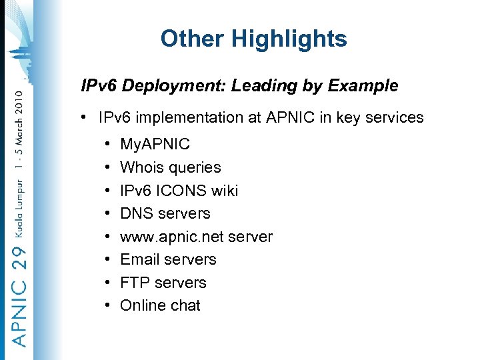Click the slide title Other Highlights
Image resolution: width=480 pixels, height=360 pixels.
coord(253,39)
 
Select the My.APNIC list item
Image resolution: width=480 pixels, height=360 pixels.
coord(155,144)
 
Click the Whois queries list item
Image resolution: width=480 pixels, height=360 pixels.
coord(170,167)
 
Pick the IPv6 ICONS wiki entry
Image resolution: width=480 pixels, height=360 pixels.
coord(179,191)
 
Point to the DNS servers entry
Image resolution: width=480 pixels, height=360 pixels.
coord(165,213)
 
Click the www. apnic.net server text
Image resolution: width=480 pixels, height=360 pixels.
coord(196,237)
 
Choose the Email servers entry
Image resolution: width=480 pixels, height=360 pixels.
coord(168,259)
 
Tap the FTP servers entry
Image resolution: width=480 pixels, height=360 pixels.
coord(163,283)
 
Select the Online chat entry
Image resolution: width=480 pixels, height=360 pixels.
coord(160,305)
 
